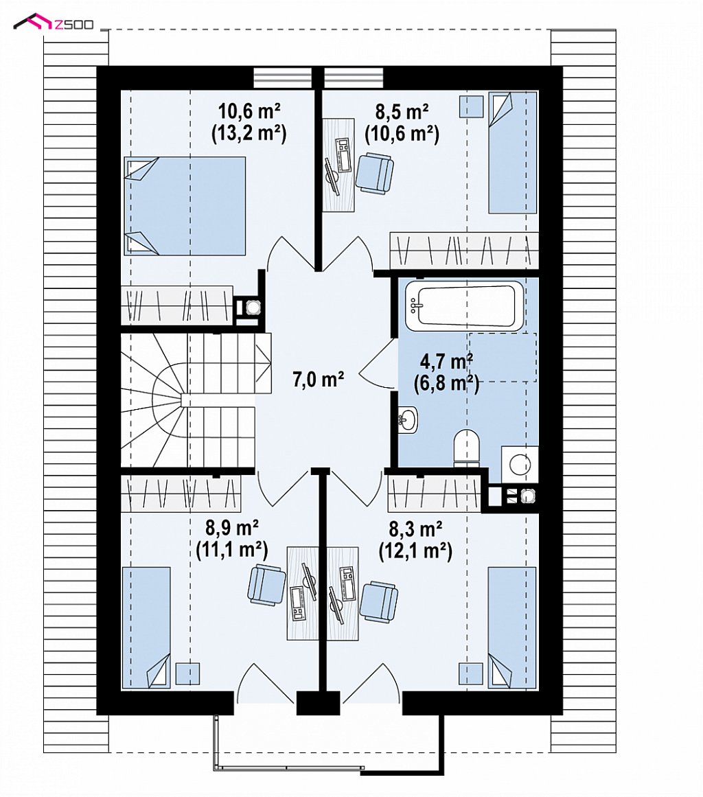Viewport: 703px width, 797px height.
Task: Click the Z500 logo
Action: [x=54, y=23]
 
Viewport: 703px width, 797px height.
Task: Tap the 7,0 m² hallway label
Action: [x=319, y=379]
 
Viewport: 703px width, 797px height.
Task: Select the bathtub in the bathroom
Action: [x=464, y=305]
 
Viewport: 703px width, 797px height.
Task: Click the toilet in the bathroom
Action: [x=466, y=448]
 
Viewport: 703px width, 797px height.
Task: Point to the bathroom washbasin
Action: [x=407, y=420]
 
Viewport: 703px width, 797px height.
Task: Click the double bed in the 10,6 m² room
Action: [x=185, y=205]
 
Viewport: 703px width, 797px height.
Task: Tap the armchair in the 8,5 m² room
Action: [x=375, y=173]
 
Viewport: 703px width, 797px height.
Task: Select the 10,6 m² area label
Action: [x=249, y=110]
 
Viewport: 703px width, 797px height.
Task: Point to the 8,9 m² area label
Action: [x=232, y=528]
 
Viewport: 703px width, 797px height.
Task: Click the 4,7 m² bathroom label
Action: [x=446, y=362]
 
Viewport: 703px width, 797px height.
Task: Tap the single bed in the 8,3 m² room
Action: [x=512, y=627]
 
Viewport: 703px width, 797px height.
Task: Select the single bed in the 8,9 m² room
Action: [x=146, y=627]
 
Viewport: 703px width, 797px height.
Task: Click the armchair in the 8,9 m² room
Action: [x=266, y=584]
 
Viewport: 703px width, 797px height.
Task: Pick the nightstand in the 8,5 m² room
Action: [x=471, y=106]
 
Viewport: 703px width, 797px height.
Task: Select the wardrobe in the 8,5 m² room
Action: [x=464, y=251]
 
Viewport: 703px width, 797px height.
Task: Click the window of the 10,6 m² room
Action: [x=283, y=78]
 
